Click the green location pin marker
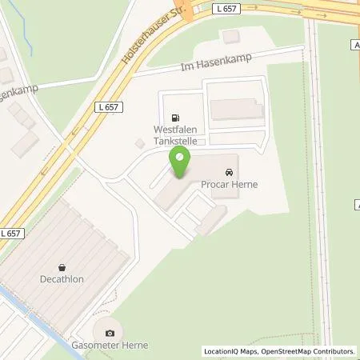click(x=180, y=164)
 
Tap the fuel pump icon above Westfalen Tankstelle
click(x=176, y=114)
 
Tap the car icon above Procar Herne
click(x=230, y=172)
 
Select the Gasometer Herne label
click(x=110, y=346)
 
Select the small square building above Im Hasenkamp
click(x=231, y=37)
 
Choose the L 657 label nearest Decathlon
click(x=11, y=233)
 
